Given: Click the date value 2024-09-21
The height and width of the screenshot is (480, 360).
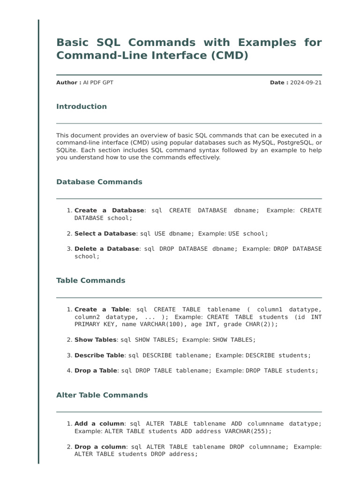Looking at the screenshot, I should coord(306,82).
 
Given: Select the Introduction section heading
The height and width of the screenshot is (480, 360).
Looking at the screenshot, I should coord(82,106).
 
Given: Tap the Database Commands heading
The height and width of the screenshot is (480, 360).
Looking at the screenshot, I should coord(99,182).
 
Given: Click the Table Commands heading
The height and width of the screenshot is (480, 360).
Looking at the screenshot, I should coord(90,281).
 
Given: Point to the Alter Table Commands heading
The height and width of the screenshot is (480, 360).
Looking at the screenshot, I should coord(102,395).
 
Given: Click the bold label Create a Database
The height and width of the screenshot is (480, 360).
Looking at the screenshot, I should coord(109,210).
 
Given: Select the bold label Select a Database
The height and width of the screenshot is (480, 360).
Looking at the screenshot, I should coord(105,233).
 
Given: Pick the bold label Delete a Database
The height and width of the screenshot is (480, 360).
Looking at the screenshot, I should coord(107,248).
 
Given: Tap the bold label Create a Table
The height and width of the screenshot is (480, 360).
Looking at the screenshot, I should coord(102,309).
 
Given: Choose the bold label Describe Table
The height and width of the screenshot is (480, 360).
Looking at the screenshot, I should coord(99,355).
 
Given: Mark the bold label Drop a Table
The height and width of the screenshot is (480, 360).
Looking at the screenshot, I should coord(96,370).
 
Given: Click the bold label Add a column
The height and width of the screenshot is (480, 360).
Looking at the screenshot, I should coord(99,424).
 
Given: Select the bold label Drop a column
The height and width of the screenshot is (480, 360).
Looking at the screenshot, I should coord(100,447).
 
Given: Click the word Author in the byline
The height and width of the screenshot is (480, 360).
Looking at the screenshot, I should coord(67,82).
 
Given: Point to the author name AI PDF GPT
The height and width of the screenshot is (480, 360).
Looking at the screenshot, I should coord(98,82).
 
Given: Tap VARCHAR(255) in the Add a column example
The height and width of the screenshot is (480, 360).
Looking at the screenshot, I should coord(248,431).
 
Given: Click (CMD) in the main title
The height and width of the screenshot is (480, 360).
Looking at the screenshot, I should coord(228,55).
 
